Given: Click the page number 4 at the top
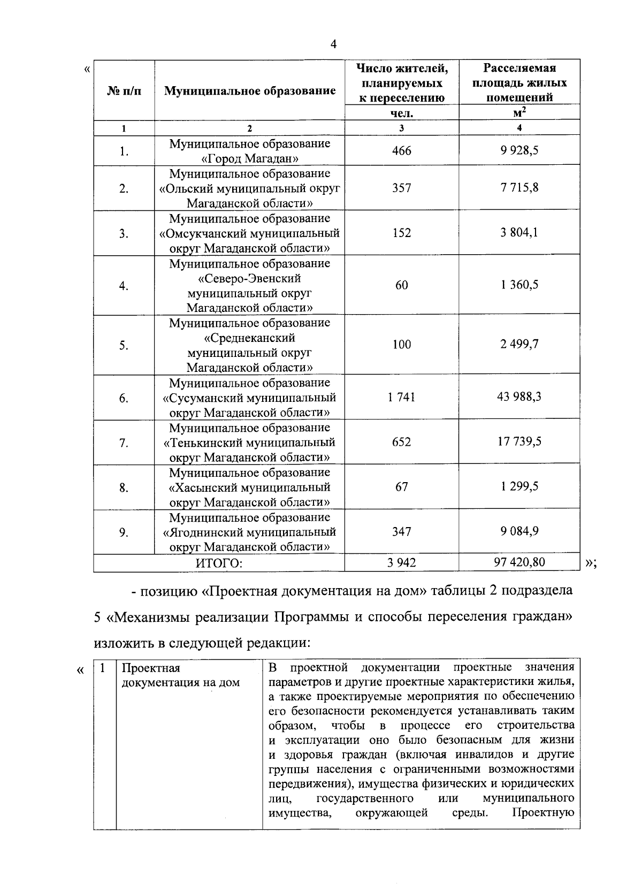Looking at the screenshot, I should click(x=334, y=44).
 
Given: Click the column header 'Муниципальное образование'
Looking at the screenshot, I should click(x=250, y=90).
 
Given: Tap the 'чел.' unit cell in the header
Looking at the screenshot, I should click(x=402, y=113).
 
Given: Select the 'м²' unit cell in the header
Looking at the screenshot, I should click(x=518, y=112).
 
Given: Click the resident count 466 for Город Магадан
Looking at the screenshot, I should click(x=402, y=151).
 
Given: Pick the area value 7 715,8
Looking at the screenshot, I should click(x=519, y=188).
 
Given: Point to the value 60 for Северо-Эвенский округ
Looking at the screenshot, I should click(x=402, y=285).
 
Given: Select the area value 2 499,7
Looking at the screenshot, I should click(x=519, y=344).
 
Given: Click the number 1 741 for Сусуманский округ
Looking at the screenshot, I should click(x=402, y=397).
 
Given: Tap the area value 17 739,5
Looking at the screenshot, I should click(x=519, y=442).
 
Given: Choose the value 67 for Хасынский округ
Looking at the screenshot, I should click(x=402, y=486).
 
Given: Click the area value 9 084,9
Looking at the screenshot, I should click(x=519, y=531).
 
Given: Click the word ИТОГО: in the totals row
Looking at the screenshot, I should click(x=219, y=563).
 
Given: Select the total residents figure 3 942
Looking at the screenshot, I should click(x=402, y=562).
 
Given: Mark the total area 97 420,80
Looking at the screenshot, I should click(x=519, y=562).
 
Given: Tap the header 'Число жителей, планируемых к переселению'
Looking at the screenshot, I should click(x=402, y=83).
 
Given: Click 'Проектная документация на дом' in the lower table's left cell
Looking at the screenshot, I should click(x=180, y=675).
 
